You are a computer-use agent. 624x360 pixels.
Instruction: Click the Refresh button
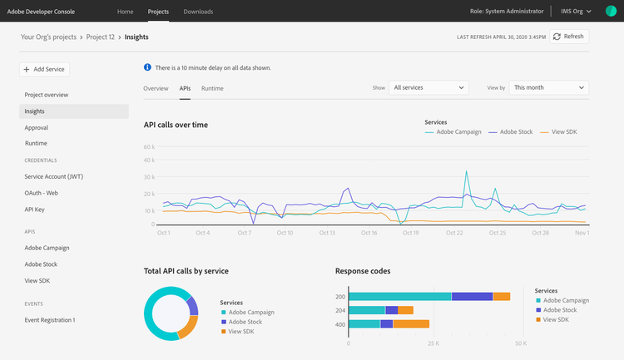pyautogui.click(x=569, y=37)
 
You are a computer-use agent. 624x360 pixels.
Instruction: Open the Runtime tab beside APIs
pyautogui.click(x=212, y=88)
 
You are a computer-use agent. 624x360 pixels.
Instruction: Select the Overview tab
pyautogui.click(x=156, y=88)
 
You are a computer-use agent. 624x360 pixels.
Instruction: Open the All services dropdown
pyautogui.click(x=428, y=87)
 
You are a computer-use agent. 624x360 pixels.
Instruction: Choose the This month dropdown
pyautogui.click(x=549, y=87)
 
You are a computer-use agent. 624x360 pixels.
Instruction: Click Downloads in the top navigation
pyautogui.click(x=198, y=12)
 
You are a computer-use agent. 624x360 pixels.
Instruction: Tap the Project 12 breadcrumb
pyautogui.click(x=101, y=37)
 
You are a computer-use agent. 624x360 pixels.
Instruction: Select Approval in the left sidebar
pyautogui.click(x=37, y=128)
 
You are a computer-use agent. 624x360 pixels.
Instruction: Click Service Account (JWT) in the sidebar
pyautogui.click(x=54, y=176)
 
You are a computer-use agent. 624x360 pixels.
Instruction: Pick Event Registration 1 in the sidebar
pyautogui.click(x=50, y=320)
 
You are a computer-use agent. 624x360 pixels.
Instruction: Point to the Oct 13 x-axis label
pyautogui.click(x=327, y=233)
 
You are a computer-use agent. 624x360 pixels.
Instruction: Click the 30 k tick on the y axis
pyautogui.click(x=149, y=177)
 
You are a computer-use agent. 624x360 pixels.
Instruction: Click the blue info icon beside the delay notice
pyautogui.click(x=147, y=67)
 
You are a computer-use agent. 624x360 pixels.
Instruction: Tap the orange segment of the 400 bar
pyautogui.click(x=411, y=323)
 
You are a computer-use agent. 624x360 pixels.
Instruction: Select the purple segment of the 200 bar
pyautogui.click(x=472, y=296)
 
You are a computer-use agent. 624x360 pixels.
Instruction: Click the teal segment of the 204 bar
pyautogui.click(x=367, y=310)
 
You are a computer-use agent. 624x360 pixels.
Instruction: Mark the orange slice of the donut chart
pyautogui.click(x=189, y=328)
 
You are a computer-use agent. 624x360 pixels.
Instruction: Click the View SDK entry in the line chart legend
pyautogui.click(x=558, y=132)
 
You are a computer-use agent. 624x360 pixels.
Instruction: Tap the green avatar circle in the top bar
pyautogui.click(x=611, y=11)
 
